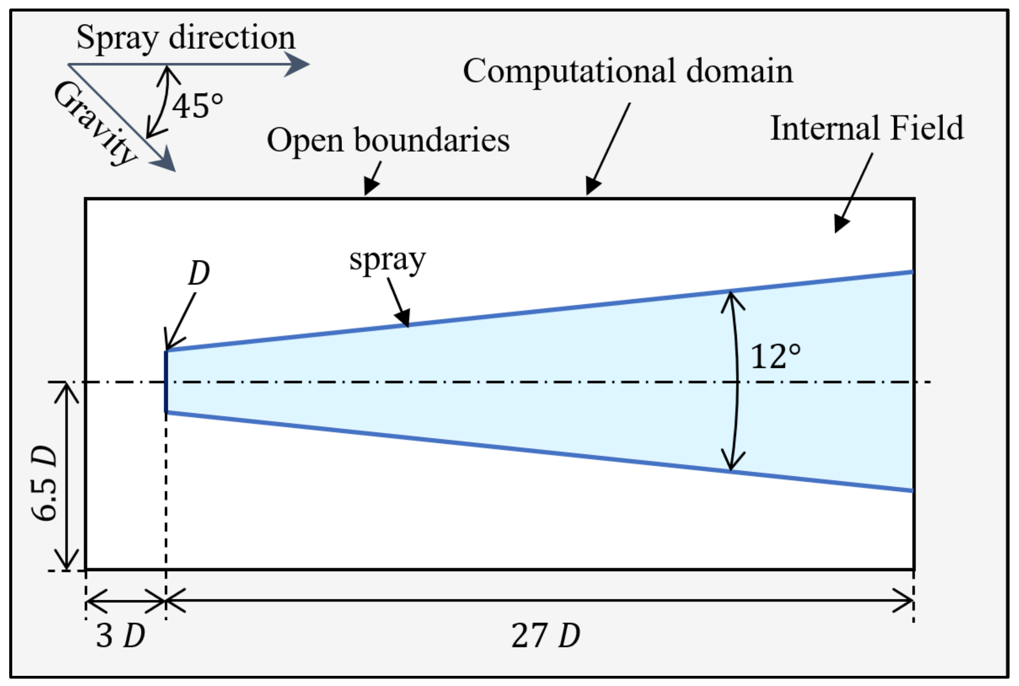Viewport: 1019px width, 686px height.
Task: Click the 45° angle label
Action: click(197, 106)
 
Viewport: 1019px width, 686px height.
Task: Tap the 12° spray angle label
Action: click(775, 356)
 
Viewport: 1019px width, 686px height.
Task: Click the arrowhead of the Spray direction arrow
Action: click(297, 64)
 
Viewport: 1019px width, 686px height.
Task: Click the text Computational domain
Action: click(628, 71)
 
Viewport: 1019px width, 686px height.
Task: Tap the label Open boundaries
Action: click(388, 140)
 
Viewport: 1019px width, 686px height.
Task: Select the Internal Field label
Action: click(867, 128)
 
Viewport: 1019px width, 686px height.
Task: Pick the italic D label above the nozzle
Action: click(199, 273)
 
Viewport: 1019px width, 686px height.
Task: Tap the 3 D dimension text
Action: click(120, 636)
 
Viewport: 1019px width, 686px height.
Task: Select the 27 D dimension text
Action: click(545, 636)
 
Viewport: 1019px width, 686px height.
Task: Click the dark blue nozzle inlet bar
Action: click(166, 382)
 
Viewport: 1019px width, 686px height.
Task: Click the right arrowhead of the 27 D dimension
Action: click(905, 600)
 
